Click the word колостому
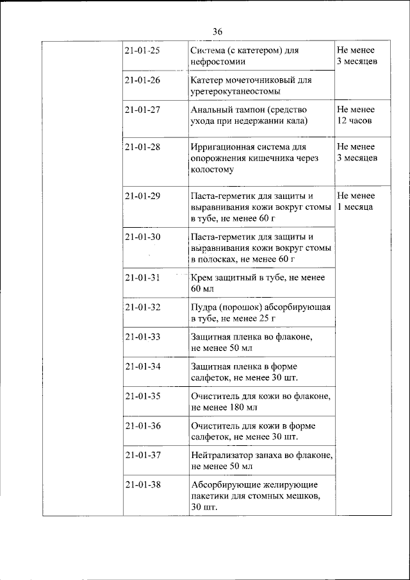point(212,170)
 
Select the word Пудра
point(204,307)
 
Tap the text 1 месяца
point(356,207)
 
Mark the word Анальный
point(210,110)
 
